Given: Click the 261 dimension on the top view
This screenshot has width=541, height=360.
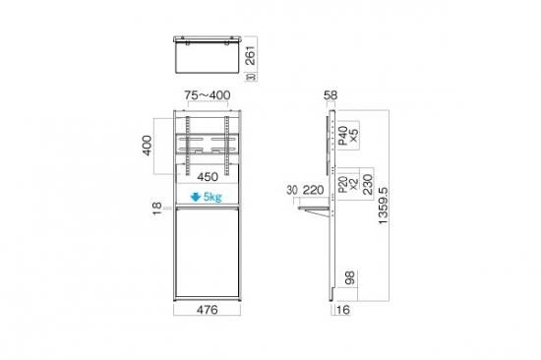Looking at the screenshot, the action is coord(251,55).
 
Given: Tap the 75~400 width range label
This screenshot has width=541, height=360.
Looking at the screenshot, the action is coord(207,95).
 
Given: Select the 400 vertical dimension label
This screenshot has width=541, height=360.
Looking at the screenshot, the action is coord(147,146).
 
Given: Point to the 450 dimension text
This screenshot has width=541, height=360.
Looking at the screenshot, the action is coord(208,177).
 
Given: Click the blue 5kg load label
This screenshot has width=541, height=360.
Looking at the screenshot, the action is coord(212,197).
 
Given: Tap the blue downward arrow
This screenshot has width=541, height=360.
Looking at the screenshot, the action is coord(196,197).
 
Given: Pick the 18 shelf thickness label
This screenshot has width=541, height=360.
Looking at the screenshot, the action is coord(157,209).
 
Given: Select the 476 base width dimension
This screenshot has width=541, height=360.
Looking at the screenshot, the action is coord(207,310).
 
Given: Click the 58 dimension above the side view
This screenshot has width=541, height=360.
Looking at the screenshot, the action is coord(331,95).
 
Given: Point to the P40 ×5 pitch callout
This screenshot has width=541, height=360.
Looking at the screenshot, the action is coord(348,136).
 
